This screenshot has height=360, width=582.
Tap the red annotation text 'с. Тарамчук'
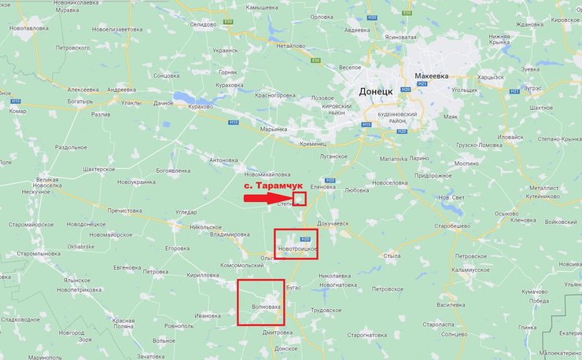click(271, 186)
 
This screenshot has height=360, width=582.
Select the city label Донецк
click(376, 91)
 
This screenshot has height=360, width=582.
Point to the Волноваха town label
click(260, 305)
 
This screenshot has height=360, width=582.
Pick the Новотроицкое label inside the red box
click(298, 249)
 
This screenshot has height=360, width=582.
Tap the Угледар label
click(186, 212)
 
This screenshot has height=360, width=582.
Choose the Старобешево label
click(459, 226)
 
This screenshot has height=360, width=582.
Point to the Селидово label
click(202, 24)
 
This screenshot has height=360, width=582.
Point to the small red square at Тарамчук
click(299, 198)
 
